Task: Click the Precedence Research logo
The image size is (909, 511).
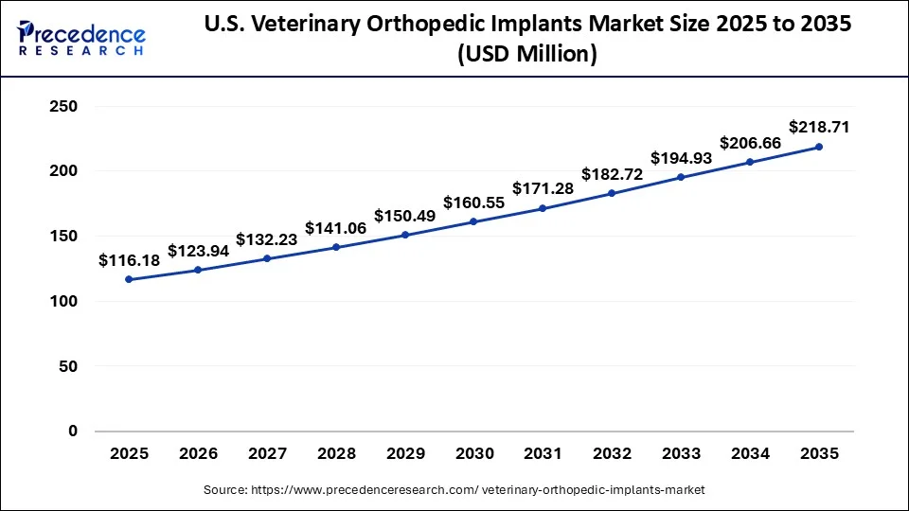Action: (x=81, y=37)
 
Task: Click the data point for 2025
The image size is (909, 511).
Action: (x=129, y=279)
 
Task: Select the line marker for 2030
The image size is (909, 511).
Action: (x=473, y=221)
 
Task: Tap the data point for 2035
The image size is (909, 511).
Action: (x=819, y=147)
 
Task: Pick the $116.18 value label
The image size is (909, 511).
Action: (x=129, y=259)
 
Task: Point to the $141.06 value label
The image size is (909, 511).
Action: (x=335, y=228)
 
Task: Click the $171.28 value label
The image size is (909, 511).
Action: (x=543, y=188)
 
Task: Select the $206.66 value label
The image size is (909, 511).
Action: (x=750, y=143)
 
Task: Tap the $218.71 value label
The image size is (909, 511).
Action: (x=819, y=127)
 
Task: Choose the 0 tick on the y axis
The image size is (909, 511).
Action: (x=72, y=432)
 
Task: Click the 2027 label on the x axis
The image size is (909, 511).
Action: (x=267, y=454)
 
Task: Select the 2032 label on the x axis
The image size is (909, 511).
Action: (x=612, y=454)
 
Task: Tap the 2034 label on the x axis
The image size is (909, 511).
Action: (x=750, y=454)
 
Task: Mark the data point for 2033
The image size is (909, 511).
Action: (x=681, y=177)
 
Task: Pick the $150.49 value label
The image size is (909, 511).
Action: (x=404, y=216)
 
